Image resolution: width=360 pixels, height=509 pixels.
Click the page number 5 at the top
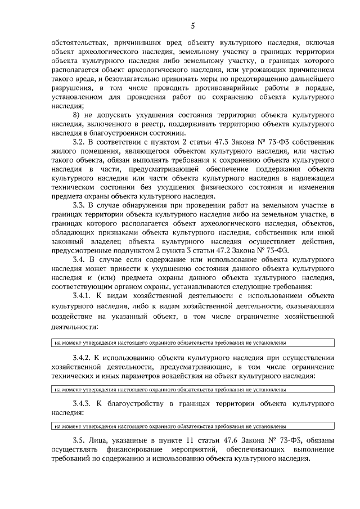pos(192,25)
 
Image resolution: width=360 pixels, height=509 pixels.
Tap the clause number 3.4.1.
pos(83,296)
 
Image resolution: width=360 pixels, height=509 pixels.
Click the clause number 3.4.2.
pos(83,357)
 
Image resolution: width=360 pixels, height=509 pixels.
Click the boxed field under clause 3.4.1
pos(192,343)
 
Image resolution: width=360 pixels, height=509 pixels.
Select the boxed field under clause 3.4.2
pos(192,389)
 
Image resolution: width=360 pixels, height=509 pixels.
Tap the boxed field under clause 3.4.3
pos(192,426)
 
